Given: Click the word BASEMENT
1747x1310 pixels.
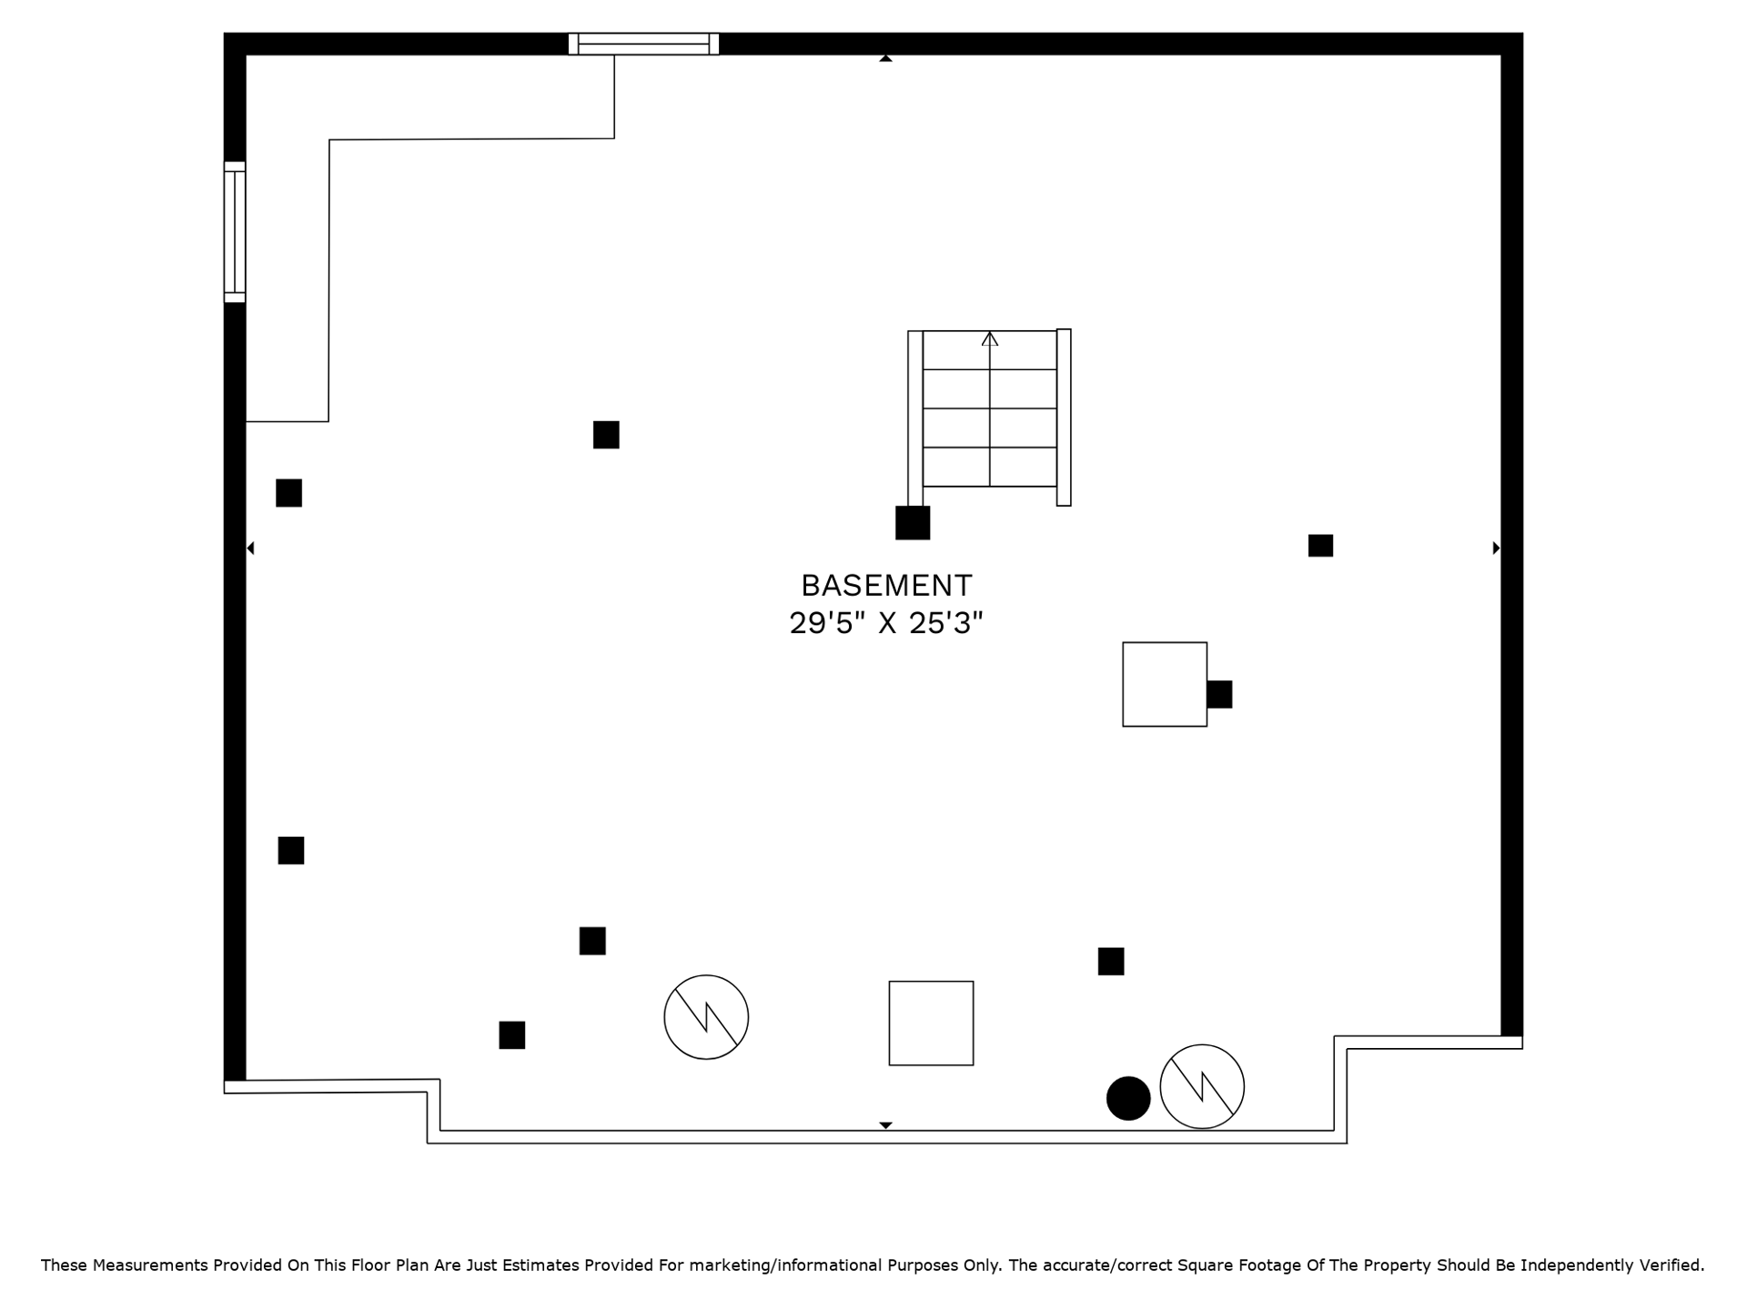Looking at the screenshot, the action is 886,585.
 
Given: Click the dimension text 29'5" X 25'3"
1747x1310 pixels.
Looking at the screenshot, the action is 886,623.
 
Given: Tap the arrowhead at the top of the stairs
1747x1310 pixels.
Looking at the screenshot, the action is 990,338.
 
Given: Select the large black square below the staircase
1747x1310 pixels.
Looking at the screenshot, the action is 913,523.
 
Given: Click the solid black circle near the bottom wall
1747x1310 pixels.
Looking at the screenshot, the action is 1128,1098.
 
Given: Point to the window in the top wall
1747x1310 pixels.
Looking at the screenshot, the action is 643,44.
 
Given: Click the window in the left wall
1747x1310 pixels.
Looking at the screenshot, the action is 235,232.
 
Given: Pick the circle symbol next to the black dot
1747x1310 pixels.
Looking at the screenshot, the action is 1202,1086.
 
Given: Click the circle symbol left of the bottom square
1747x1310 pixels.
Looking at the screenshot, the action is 706,1017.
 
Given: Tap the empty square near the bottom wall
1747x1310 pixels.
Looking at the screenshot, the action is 931,1023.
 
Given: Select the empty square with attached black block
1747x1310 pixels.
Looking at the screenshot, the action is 1165,684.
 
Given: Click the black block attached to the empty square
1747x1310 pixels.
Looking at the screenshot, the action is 1219,694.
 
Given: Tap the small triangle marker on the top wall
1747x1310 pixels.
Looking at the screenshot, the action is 885,58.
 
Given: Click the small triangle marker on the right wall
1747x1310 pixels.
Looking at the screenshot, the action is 1496,548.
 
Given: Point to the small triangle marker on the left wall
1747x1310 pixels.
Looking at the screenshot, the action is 250,548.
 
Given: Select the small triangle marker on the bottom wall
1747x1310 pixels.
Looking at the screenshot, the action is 885,1125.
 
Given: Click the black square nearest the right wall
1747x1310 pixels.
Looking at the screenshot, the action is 1320,546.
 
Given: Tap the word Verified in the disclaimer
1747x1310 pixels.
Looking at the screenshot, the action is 1671,1265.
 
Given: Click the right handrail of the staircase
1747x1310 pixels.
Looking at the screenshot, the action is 1064,418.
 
